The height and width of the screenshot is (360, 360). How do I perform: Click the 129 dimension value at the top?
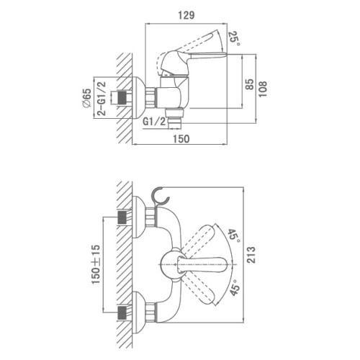186,15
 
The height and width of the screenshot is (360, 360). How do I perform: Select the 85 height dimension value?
250,84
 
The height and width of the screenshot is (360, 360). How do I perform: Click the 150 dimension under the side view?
181,139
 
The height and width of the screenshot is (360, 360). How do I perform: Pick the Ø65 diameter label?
86,98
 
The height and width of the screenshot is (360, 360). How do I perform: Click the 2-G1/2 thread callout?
102,99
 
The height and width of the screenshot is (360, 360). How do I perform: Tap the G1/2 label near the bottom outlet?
154,122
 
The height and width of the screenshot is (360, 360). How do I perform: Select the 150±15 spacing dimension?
96,264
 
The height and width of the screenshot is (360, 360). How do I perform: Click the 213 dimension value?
251,255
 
